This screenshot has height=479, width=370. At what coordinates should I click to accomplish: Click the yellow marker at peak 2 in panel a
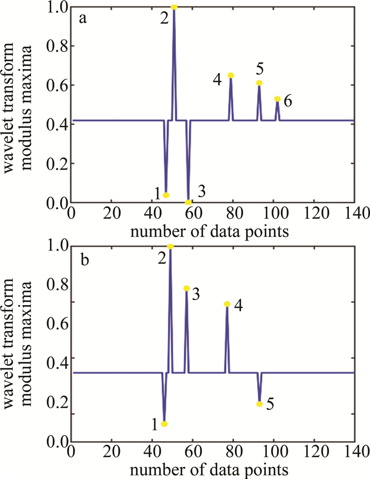174,7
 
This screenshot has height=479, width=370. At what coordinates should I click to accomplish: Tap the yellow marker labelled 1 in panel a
166,195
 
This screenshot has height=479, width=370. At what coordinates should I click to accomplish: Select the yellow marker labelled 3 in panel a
188,202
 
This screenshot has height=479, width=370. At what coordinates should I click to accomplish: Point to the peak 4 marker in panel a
230,75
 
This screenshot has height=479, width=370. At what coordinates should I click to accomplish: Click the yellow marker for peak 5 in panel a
259,83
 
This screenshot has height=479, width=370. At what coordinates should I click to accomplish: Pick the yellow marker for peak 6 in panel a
277,99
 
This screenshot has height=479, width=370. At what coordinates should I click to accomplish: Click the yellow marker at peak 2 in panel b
170,246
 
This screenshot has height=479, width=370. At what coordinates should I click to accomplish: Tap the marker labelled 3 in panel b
186,288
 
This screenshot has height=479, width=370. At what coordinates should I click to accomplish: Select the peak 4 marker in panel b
227,304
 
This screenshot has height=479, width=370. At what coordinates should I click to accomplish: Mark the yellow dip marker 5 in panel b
259,404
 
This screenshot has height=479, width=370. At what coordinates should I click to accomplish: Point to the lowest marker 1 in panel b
164,424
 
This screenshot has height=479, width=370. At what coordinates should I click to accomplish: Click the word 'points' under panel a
265,232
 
